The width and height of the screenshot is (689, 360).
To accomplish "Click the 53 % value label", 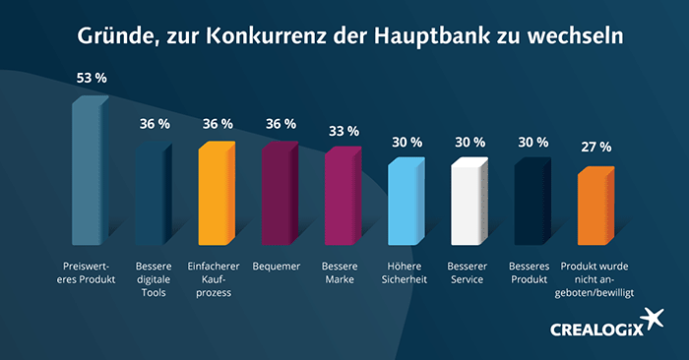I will (x=93, y=77).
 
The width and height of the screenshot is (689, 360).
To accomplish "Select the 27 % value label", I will (x=596, y=148).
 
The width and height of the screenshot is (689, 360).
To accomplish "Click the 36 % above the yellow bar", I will (x=218, y=124).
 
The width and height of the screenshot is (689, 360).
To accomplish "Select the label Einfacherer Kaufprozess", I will (x=217, y=279).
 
